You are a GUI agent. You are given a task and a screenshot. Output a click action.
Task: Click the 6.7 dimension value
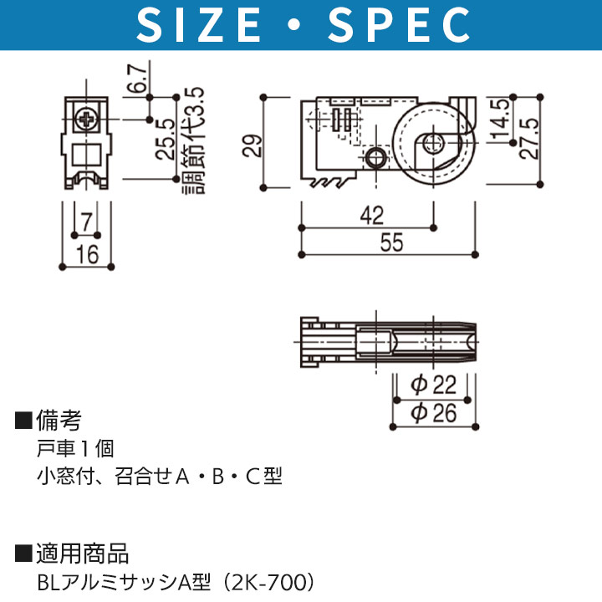(x=136, y=79)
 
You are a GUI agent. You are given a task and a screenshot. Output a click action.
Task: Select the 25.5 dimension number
(x=165, y=139)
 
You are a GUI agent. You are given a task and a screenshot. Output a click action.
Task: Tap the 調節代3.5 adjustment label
(x=193, y=140)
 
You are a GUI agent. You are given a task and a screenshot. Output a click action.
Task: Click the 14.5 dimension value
(x=499, y=119)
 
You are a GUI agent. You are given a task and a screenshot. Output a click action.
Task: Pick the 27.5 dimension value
(x=528, y=138)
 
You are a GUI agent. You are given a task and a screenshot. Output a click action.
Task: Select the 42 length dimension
(x=371, y=215)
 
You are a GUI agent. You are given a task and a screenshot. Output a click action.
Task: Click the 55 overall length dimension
(x=391, y=242)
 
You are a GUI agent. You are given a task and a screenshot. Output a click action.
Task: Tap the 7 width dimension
(x=87, y=222)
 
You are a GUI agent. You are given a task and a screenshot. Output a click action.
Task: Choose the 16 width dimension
(x=87, y=254)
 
